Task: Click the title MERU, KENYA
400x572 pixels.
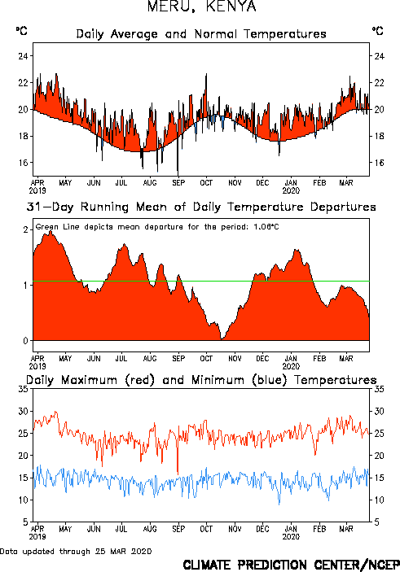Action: click(x=202, y=7)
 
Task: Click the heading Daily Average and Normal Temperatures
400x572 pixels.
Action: click(x=201, y=34)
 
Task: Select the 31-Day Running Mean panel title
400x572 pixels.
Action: click(x=201, y=207)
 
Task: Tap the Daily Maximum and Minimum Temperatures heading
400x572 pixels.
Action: click(x=201, y=380)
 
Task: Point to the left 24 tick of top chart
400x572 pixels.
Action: click(x=24, y=56)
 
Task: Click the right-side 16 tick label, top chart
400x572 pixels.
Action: click(x=379, y=163)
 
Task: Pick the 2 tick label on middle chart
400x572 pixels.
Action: click(x=25, y=229)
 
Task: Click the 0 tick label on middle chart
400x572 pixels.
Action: click(x=25, y=341)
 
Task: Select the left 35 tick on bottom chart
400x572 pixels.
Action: click(x=24, y=389)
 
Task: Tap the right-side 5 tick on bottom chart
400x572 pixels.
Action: click(x=377, y=522)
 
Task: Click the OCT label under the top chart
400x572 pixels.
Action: click(x=206, y=183)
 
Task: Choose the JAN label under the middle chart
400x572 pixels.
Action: click(x=291, y=359)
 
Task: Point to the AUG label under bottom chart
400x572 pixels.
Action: click(x=150, y=529)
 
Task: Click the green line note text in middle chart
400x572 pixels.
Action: click(x=157, y=227)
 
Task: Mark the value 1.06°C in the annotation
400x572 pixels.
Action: click(x=266, y=227)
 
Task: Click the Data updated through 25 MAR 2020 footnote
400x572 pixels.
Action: click(x=76, y=551)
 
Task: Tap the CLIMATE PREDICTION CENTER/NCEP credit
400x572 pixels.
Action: click(x=291, y=565)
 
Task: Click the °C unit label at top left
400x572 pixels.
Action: click(x=21, y=31)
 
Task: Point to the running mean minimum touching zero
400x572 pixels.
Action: click(x=222, y=339)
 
